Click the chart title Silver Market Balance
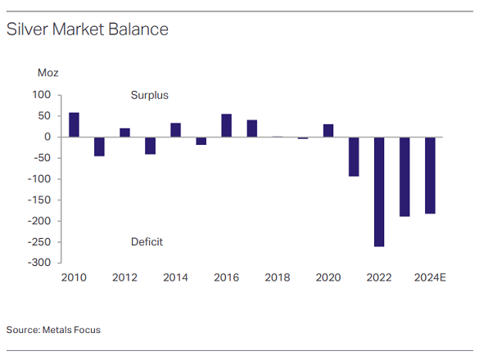tap(87, 29)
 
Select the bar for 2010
tap(74, 124)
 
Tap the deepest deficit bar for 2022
tap(379, 191)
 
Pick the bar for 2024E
tap(430, 175)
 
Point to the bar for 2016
tap(227, 125)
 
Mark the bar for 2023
tap(404, 177)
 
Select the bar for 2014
tap(176, 129)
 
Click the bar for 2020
tap(328, 130)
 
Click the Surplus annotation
tap(149, 96)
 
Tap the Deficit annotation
tap(147, 242)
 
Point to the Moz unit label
tap(48, 73)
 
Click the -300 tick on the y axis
tap(40, 263)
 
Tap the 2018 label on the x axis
tap(277, 278)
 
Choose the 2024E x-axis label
tap(430, 278)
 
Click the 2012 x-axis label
tap(124, 278)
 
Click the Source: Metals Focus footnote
tap(53, 330)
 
